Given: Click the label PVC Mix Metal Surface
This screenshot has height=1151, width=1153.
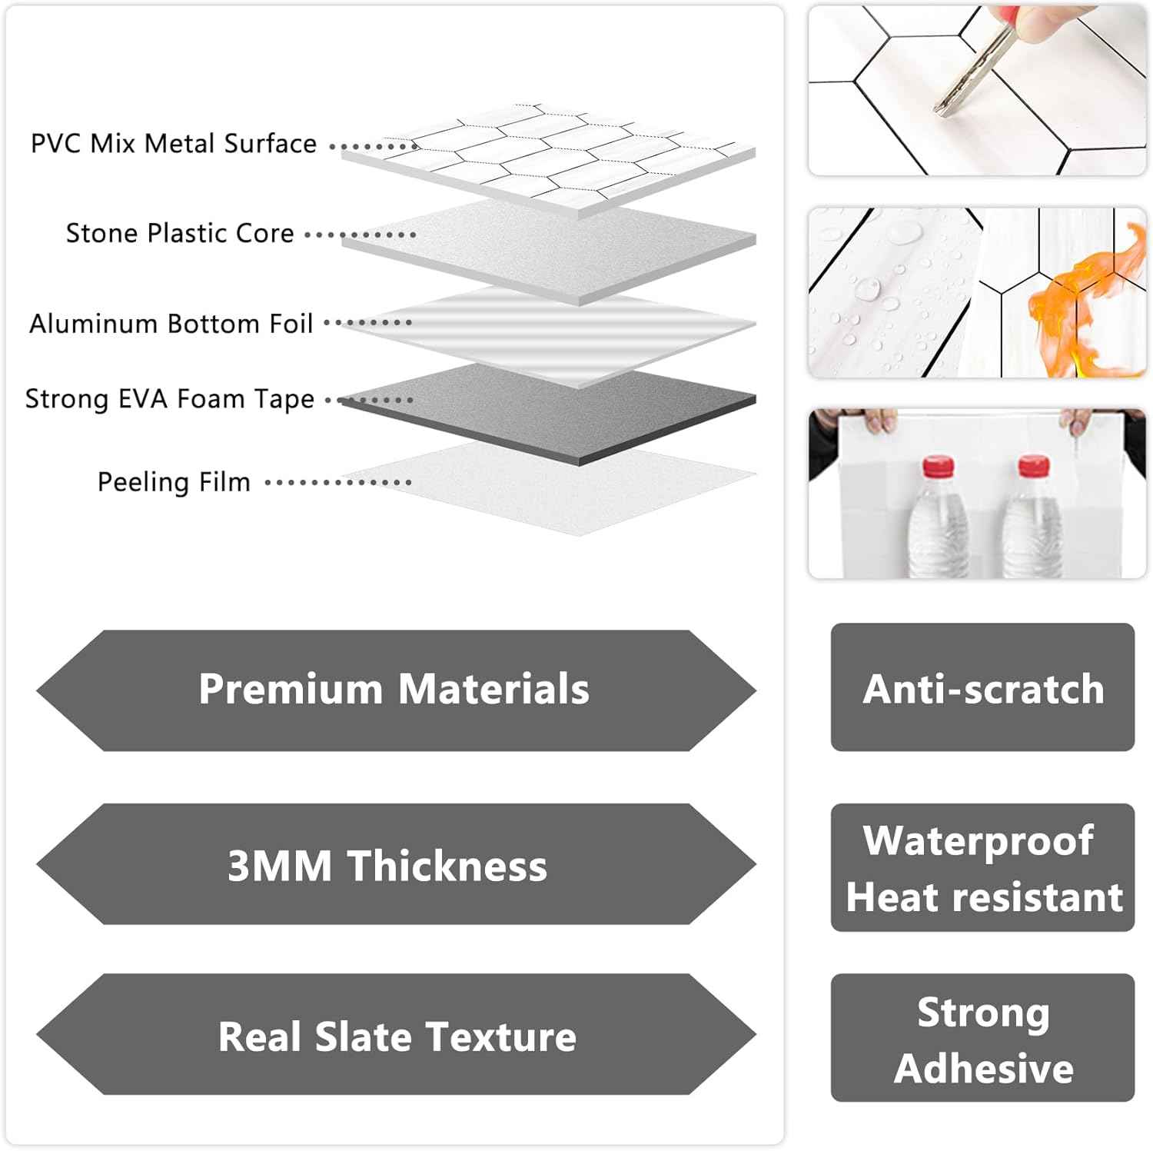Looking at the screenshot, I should [174, 144].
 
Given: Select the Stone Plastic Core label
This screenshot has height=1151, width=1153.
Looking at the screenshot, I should [180, 233].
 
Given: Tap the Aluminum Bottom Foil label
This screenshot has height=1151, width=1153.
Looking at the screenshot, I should [171, 324].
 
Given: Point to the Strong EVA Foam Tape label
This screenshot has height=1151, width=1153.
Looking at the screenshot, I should [170, 399].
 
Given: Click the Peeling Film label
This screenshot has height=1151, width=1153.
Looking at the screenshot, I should [174, 482].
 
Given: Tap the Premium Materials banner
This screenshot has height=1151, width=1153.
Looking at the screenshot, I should [395, 689].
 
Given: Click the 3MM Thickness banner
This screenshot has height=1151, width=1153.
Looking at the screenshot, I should [395, 865].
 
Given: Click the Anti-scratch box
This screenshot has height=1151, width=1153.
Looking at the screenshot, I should [982, 688].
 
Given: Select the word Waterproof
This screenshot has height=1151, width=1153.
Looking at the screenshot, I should [978, 840].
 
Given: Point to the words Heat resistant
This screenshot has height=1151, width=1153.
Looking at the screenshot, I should [984, 897].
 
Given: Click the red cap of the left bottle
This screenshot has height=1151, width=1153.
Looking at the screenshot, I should [938, 465].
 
